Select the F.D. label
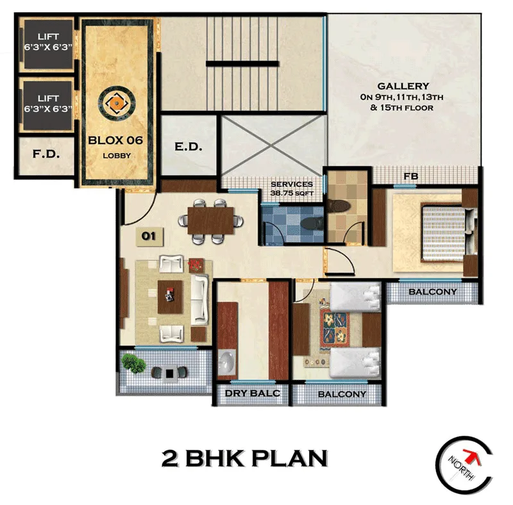tap(46, 154)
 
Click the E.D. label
tap(189, 147)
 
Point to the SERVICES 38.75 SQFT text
tap(292, 188)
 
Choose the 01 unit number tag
tap(149, 236)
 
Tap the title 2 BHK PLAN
tap(244, 458)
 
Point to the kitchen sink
tap(226, 363)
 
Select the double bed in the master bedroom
tap(442, 233)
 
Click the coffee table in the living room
tap(170, 296)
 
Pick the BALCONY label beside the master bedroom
tap(433, 292)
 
